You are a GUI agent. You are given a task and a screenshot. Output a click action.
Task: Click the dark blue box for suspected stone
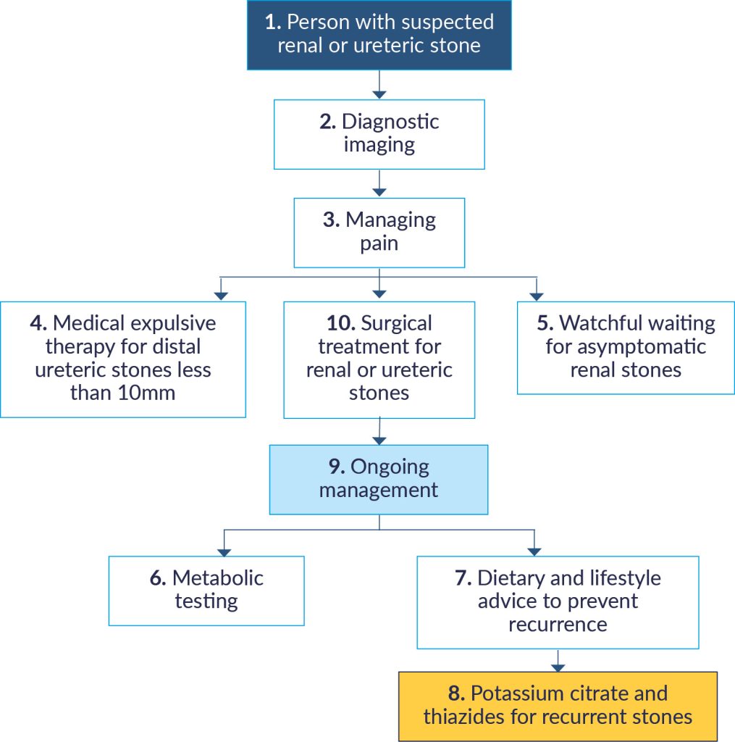[379, 34]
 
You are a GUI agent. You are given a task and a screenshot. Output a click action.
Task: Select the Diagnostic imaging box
[379, 134]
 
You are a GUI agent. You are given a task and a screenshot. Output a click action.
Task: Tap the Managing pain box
[379, 232]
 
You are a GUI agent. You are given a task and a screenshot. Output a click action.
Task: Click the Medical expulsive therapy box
[122, 359]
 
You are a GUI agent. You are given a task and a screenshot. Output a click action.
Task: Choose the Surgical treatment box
[379, 359]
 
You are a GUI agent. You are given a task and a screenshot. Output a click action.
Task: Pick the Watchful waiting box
[626, 347]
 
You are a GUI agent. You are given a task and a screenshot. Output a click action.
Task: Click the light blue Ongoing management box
[379, 479]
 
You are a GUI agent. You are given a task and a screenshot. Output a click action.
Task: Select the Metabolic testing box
[206, 590]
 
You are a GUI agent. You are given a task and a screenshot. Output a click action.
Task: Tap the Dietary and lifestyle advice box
[558, 601]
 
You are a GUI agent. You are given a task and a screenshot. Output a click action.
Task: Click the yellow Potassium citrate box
[558, 706]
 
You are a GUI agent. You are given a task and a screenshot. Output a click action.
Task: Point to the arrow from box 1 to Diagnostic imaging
[379, 85]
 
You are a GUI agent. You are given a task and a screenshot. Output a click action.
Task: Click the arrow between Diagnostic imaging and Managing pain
[379, 184]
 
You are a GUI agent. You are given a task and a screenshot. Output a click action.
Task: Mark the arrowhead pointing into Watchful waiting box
[536, 295]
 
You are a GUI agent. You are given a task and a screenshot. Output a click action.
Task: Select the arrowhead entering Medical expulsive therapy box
[222, 295]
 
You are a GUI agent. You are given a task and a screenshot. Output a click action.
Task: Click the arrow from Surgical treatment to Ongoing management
[379, 432]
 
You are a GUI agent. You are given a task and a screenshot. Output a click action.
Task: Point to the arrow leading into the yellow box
[558, 661]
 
